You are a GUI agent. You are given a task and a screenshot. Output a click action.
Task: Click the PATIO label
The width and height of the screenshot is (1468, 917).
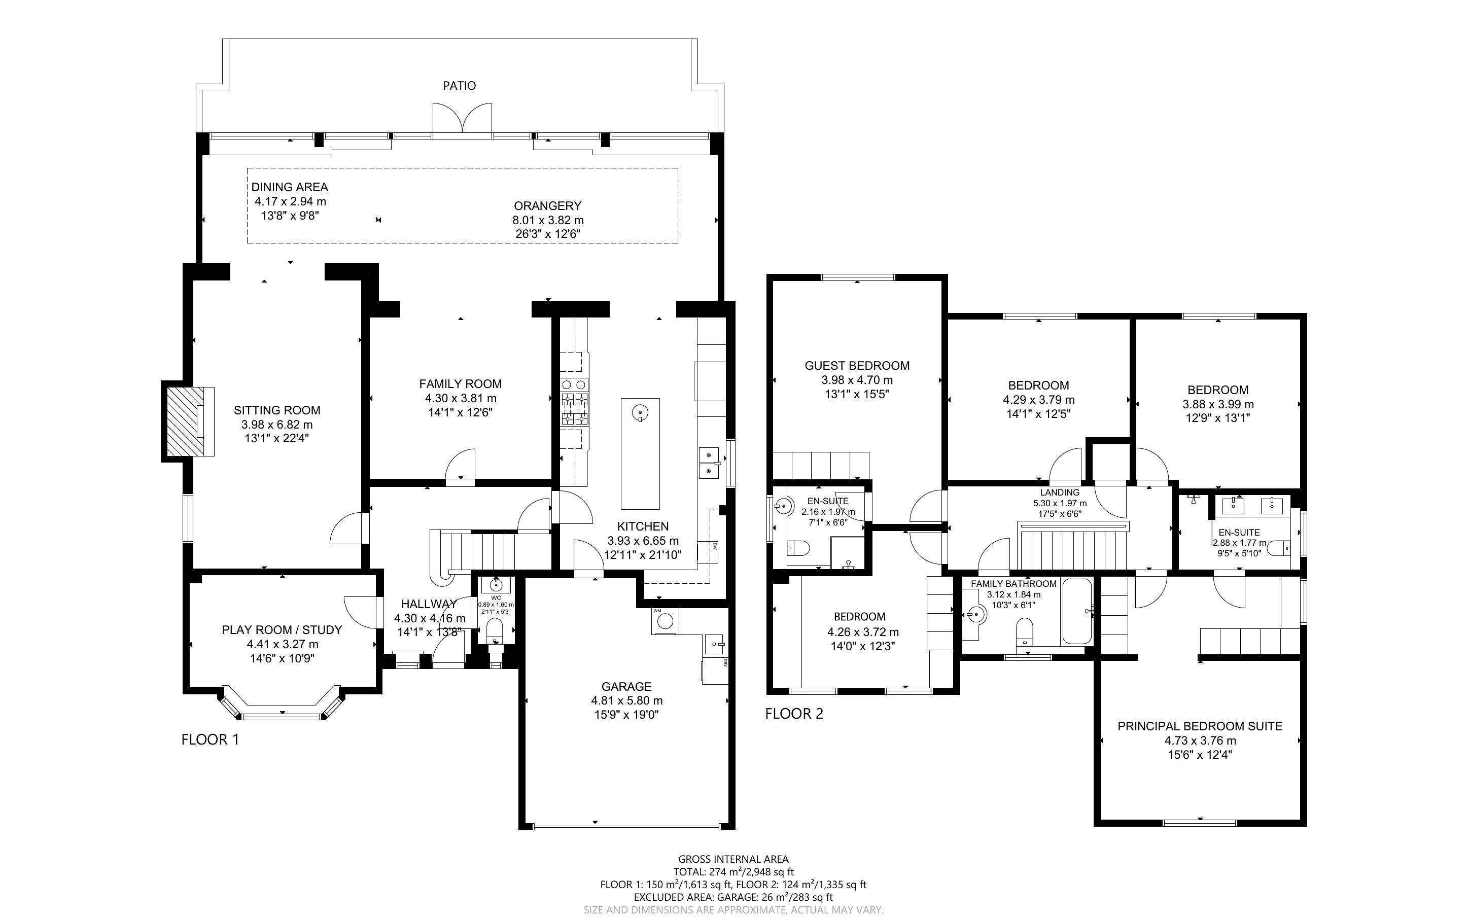point(459,86)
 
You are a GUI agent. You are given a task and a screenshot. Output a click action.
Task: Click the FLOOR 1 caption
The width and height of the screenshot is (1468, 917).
point(210,739)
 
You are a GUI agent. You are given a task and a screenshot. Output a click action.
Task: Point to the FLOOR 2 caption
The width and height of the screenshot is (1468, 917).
point(794,714)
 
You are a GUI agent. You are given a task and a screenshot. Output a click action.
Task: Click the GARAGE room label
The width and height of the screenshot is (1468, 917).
point(626,687)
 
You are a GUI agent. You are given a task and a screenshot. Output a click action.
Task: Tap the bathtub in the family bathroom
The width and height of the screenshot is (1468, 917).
point(1076,611)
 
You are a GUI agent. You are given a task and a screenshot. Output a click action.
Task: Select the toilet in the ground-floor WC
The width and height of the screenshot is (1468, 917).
point(496,629)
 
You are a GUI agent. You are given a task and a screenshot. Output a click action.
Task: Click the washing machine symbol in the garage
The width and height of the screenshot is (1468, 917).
point(665,621)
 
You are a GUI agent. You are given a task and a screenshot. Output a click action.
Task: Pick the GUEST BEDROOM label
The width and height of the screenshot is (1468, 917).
point(857,366)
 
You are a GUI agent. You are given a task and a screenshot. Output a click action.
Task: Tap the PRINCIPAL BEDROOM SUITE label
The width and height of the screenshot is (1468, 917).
point(1200,726)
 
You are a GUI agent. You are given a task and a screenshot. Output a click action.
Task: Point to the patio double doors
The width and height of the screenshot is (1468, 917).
point(462,118)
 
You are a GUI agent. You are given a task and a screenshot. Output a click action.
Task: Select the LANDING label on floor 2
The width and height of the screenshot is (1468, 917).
point(1060,492)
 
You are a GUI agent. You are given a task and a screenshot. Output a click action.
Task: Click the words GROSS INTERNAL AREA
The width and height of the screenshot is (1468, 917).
point(733,859)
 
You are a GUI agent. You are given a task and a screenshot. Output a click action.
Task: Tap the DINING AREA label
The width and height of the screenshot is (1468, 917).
point(290,187)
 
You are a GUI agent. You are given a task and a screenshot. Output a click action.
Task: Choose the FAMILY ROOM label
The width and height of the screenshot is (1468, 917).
point(460,384)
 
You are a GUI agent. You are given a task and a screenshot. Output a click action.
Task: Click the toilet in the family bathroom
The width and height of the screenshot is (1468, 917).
point(1024,631)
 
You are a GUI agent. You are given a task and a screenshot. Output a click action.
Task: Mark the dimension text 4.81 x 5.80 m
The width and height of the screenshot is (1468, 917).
point(627,700)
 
